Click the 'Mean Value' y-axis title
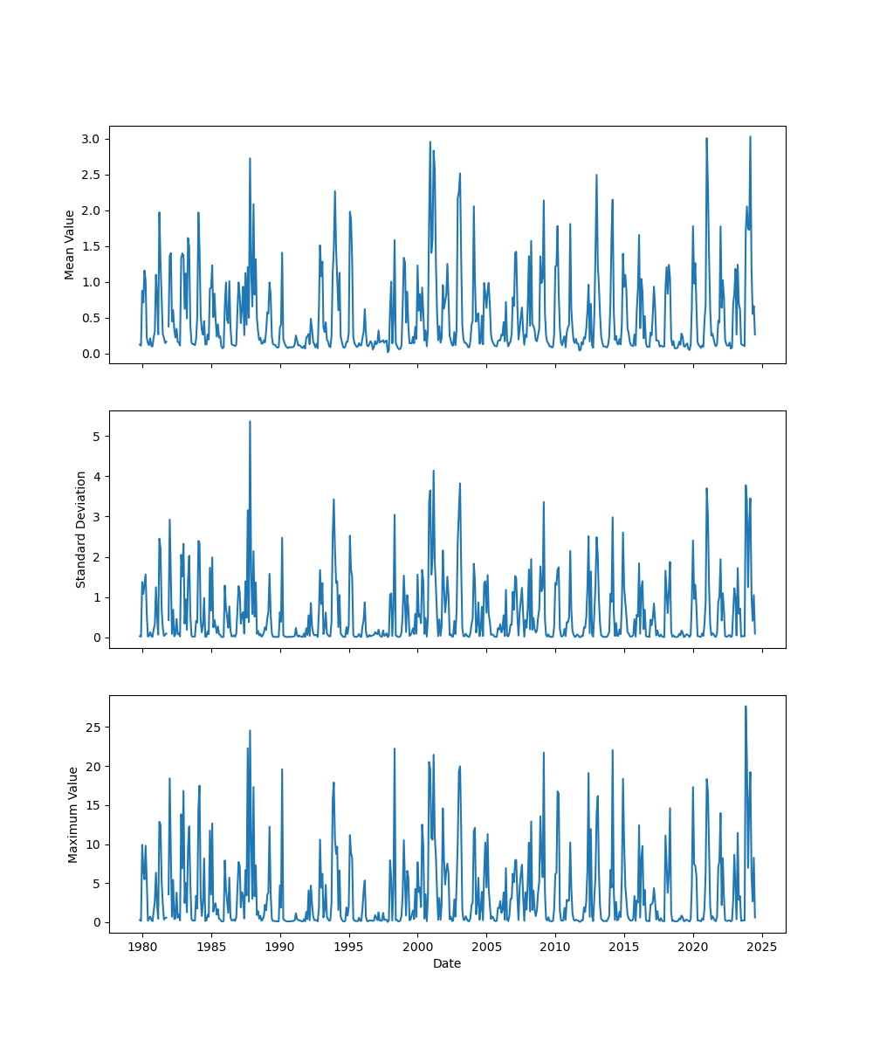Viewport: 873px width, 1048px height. (69, 245)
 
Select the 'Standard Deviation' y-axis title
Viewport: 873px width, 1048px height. (81, 529)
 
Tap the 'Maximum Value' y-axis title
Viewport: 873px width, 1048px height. (73, 814)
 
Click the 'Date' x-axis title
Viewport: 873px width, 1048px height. (447, 963)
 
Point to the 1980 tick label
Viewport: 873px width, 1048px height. (142, 947)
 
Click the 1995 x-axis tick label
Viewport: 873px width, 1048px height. (349, 947)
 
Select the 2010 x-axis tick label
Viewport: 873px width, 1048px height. (555, 947)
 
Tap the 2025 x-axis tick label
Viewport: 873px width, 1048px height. (762, 947)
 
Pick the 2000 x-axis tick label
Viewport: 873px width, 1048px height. (417, 947)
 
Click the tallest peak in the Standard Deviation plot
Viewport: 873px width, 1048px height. (250, 421)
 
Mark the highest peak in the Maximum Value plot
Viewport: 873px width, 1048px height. (746, 707)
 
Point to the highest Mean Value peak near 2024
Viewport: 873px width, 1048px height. (750, 136)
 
